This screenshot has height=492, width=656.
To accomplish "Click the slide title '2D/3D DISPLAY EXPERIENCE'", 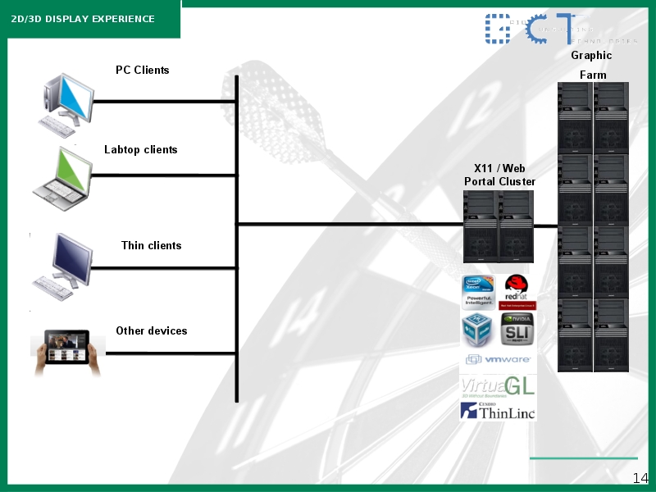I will (83, 19).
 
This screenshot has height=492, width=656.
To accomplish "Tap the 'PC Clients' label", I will (142, 70).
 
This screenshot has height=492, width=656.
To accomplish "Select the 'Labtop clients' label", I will (140, 149).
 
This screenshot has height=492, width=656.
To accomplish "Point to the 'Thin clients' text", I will (151, 245).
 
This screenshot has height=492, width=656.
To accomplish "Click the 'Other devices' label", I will (151, 330).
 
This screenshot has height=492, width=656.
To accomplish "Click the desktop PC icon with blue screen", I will (66, 102).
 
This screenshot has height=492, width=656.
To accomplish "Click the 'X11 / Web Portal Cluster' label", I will (499, 175).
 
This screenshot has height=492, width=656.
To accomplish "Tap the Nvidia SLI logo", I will (517, 330).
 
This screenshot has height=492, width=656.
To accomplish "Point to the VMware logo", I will (498, 359).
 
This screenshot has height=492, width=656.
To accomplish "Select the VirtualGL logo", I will (498, 386).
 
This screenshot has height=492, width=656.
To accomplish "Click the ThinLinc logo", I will (498, 411).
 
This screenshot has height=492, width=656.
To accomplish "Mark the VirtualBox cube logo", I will (478, 330).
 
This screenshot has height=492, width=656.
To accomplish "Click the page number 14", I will (640, 478).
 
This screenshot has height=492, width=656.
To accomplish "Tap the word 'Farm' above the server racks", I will (593, 75).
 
